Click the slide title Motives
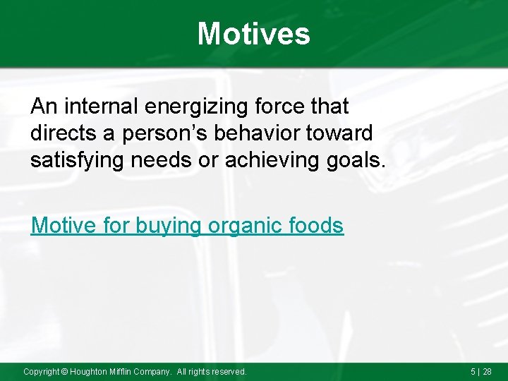pos(253,33)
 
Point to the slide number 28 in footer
pos(487,371)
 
